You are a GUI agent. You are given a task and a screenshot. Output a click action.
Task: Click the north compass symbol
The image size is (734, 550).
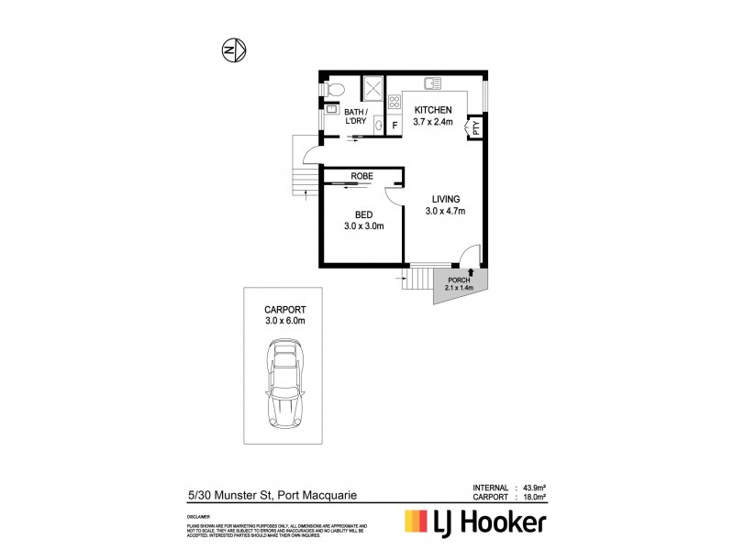232,49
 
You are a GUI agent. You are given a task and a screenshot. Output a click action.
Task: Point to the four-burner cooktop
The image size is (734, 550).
395,103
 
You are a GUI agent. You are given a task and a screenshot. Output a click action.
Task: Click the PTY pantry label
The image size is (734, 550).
477,128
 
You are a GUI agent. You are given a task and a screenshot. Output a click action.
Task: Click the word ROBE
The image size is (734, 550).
361,178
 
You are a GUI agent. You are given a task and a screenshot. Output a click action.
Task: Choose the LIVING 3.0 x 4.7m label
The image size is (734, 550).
447,205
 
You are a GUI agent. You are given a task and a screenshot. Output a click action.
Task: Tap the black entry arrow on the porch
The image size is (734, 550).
471,271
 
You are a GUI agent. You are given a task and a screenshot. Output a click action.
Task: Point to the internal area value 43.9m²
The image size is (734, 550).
531,487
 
